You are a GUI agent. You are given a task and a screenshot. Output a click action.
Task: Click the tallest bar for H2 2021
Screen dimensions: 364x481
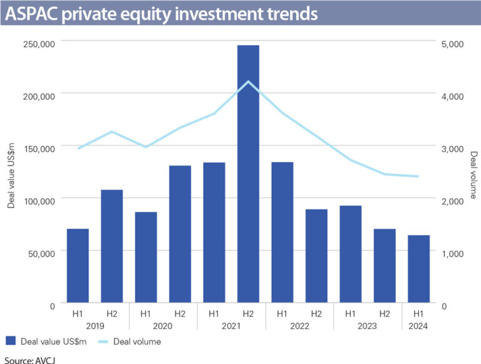click(248, 175)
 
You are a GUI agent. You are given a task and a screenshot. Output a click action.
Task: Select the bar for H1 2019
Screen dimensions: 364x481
click(78, 266)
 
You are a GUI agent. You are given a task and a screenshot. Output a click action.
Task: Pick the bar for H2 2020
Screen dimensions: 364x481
click(180, 235)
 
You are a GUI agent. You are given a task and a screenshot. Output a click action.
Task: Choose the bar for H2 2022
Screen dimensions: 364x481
click(316, 256)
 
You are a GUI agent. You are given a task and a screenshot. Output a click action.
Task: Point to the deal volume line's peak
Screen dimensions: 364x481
click(248, 81)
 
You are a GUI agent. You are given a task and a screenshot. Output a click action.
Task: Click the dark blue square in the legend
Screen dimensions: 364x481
click(9, 341)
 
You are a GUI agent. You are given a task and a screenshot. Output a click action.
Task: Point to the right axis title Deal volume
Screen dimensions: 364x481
click(473, 175)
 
